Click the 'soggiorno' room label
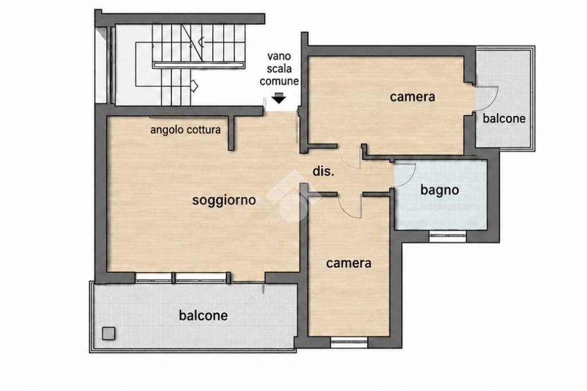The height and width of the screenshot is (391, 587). click(x=224, y=200)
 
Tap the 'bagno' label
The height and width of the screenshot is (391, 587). click(x=440, y=190)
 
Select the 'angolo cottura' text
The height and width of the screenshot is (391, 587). click(x=185, y=130)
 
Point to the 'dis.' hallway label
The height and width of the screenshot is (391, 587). click(x=323, y=171)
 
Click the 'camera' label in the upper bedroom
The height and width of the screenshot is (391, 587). click(x=412, y=97)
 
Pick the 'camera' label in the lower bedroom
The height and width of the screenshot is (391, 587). click(x=349, y=263)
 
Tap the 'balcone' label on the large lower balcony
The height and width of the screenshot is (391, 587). click(x=204, y=315)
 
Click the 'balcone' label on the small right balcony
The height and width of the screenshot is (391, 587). click(x=504, y=119)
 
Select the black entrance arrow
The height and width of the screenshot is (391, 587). click(x=279, y=98)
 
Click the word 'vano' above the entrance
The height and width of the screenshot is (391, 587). click(x=279, y=56)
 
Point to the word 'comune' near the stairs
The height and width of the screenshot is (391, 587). click(x=279, y=81)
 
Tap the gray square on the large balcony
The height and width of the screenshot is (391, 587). click(x=108, y=333)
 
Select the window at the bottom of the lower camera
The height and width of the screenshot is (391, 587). click(x=349, y=342)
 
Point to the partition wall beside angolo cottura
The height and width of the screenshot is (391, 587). click(x=232, y=133)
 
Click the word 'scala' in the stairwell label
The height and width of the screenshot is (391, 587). click(x=279, y=69)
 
